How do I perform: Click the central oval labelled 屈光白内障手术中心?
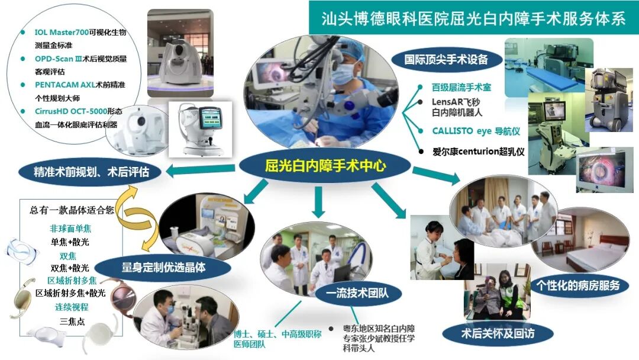point(325,166)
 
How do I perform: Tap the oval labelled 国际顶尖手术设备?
point(446,60)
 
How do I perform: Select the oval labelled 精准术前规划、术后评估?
point(90,172)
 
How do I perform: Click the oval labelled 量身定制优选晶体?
point(163,268)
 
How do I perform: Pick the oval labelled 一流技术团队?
point(358,293)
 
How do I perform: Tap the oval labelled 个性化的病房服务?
point(578,285)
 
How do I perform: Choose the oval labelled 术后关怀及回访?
point(498,333)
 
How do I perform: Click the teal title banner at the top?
point(473,18)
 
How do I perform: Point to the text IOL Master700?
point(62,32)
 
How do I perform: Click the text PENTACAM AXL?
point(65,85)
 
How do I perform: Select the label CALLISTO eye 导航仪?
point(476,131)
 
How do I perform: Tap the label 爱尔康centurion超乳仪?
point(479,152)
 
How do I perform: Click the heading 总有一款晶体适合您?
point(72,210)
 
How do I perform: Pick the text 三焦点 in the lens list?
point(72,322)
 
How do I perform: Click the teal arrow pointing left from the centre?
point(201,170)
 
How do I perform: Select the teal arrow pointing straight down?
point(318,202)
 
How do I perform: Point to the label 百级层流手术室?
point(461,87)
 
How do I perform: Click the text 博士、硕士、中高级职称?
point(277,335)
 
